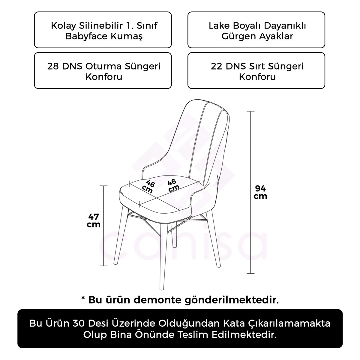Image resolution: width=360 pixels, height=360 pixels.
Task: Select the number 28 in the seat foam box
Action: click(x=53, y=66)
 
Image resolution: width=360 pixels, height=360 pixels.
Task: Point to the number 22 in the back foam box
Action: click(x=217, y=66)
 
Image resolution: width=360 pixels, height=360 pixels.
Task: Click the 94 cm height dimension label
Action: click(x=260, y=192)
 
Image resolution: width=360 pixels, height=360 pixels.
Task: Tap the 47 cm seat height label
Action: click(x=94, y=220)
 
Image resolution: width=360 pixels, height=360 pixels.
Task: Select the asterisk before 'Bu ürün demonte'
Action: click(x=83, y=299)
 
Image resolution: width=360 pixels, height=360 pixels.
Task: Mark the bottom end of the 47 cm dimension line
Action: click(x=103, y=266)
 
